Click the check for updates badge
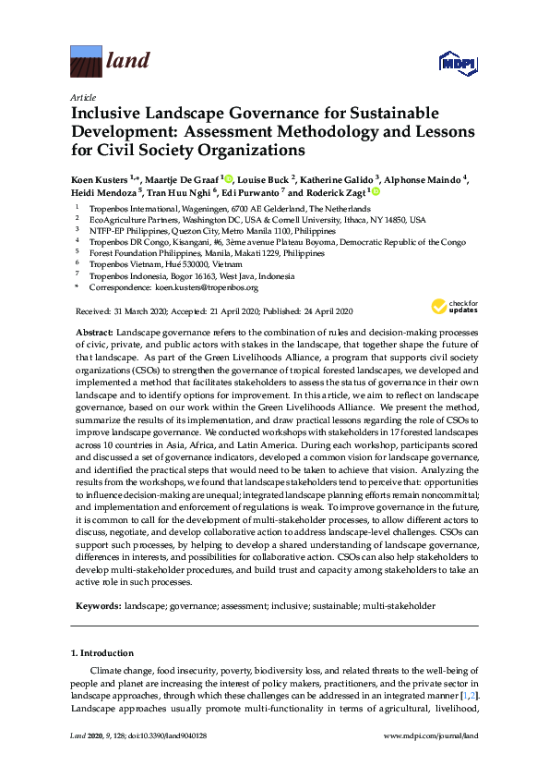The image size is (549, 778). point(450,307)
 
